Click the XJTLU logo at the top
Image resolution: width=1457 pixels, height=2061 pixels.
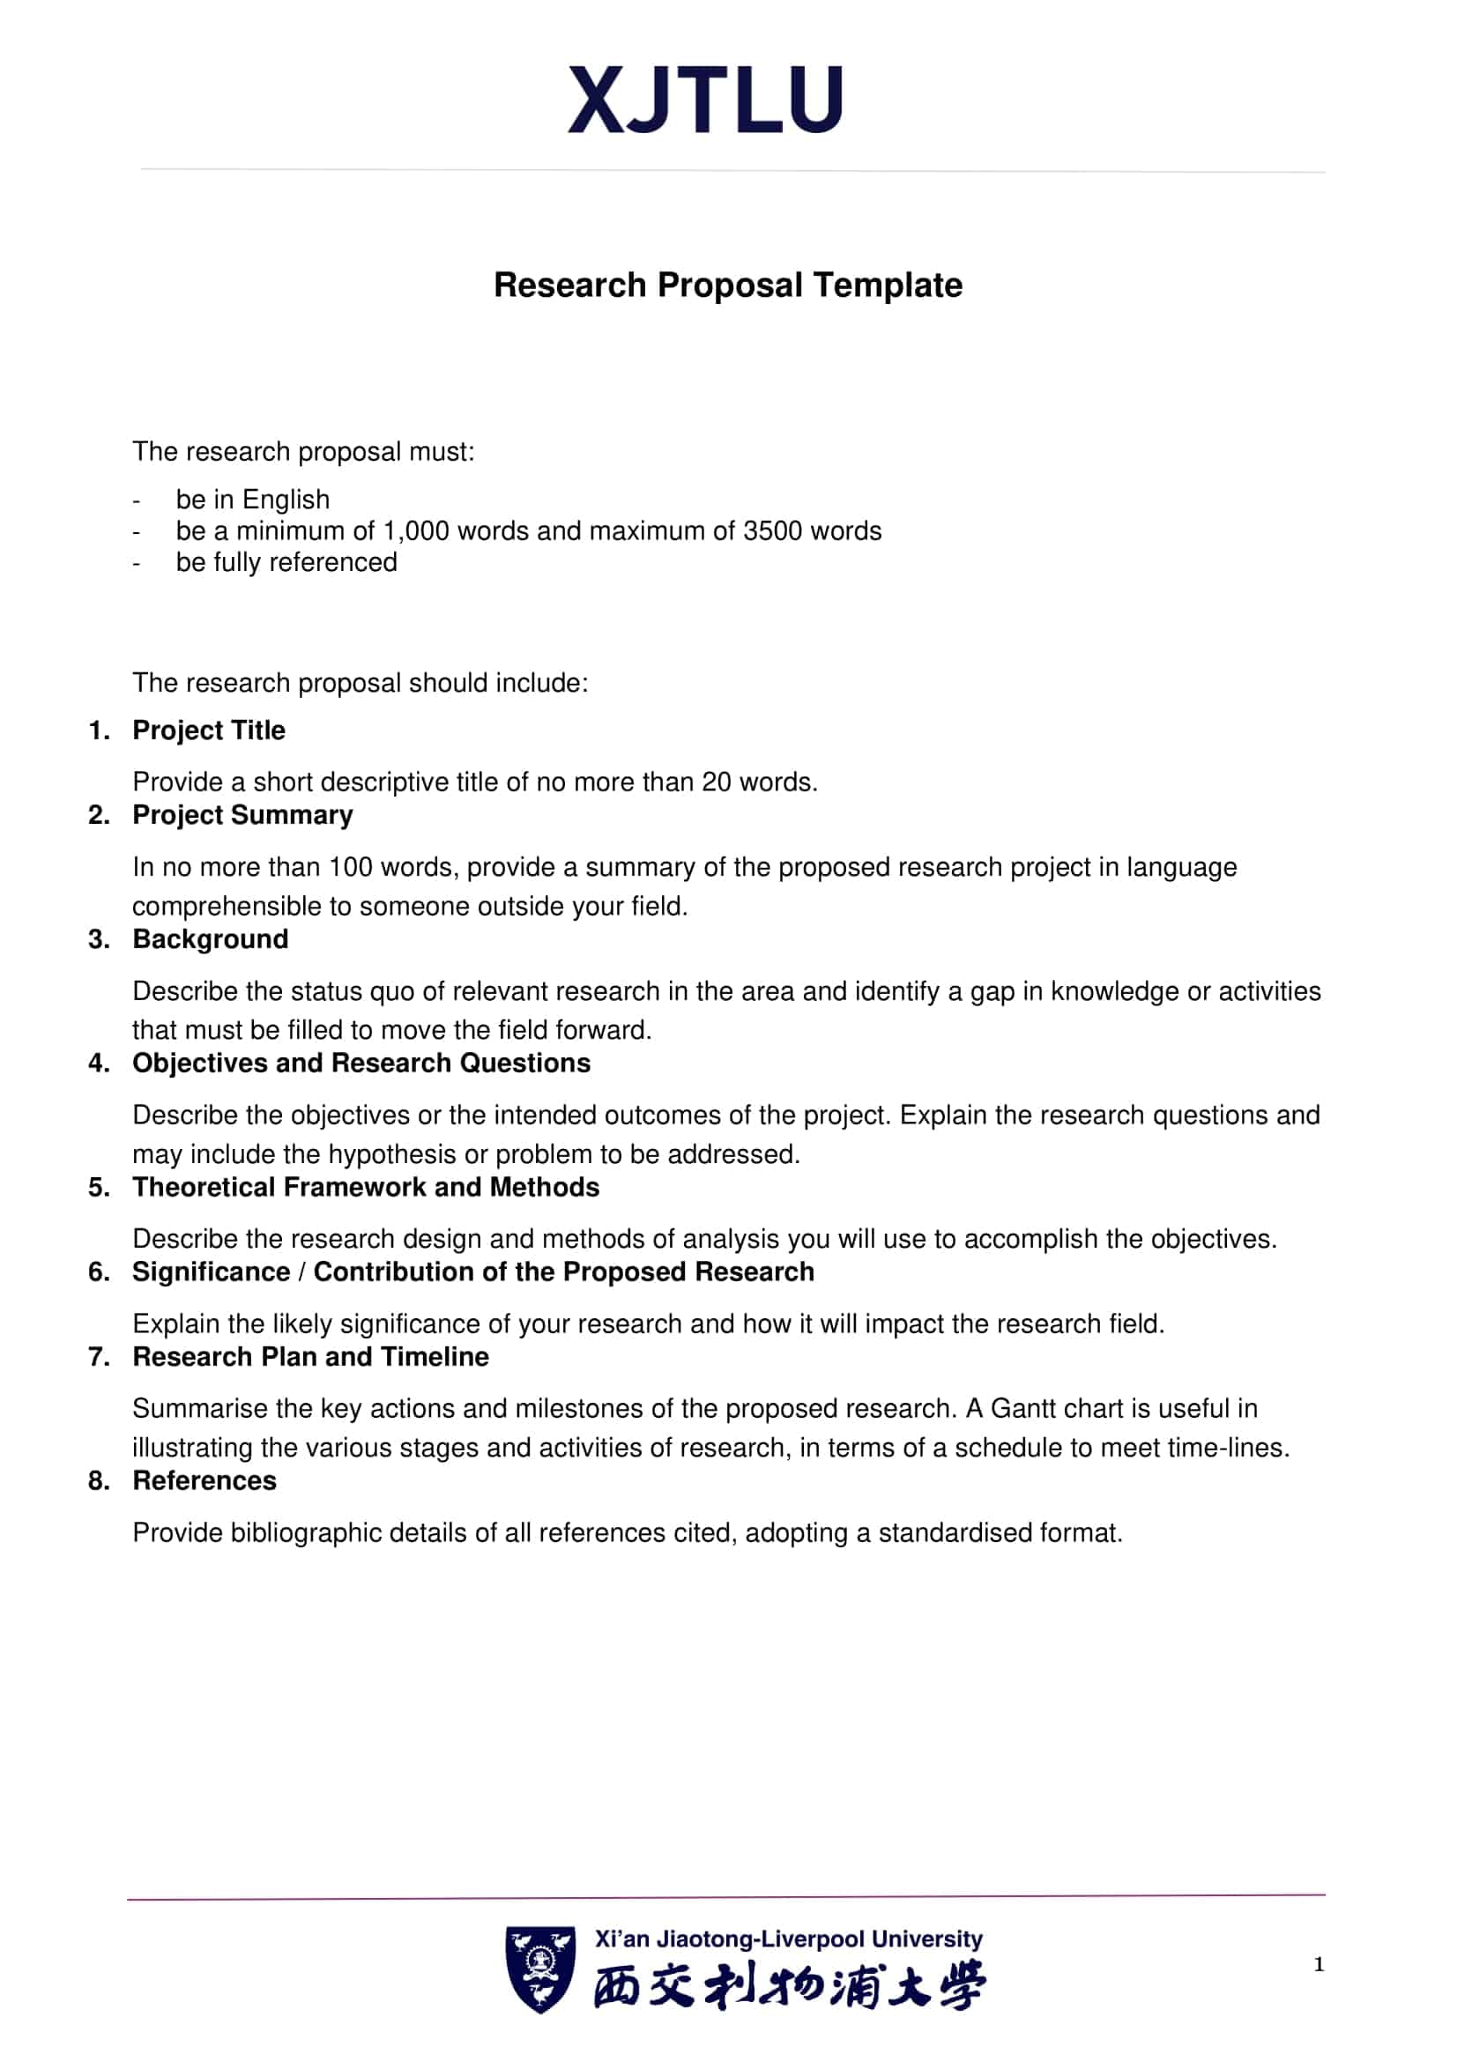click(x=705, y=100)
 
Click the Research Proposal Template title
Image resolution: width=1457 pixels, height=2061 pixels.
click(x=727, y=285)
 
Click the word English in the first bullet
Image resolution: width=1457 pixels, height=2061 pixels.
click(x=286, y=499)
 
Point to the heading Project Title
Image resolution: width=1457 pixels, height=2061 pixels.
click(x=208, y=730)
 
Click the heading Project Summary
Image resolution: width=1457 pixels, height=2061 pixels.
click(x=242, y=814)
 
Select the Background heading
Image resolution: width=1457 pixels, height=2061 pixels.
click(x=210, y=939)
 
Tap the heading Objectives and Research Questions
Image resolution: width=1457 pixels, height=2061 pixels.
click(x=361, y=1063)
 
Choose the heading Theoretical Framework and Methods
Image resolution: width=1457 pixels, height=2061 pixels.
click(x=366, y=1187)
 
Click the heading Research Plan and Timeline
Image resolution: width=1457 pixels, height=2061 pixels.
click(x=310, y=1356)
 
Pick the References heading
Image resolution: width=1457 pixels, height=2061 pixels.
click(x=204, y=1480)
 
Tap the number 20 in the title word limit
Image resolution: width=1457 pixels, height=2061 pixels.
click(x=717, y=782)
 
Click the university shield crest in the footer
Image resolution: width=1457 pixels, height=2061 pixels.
click(x=539, y=1968)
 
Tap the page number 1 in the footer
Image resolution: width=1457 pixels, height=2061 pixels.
click(x=1319, y=1964)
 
